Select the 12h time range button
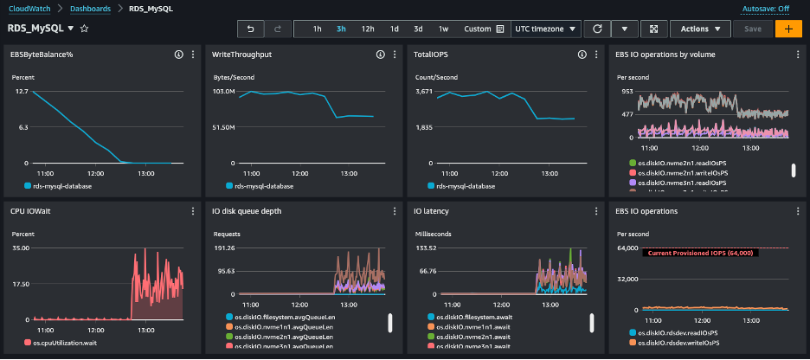pos(368,29)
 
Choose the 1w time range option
pos(444,29)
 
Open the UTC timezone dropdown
pos(546,29)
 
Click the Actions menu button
pos(699,29)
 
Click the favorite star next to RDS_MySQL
pos(84,29)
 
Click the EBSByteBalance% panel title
pos(42,55)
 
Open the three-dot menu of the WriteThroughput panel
pos(393,55)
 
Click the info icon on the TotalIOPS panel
pos(582,55)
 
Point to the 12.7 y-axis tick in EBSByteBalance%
pos(22,91)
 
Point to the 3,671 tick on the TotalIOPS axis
pos(424,91)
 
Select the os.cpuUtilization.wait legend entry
pos(65,344)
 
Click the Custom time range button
pos(484,29)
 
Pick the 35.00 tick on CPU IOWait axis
pos(22,247)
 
